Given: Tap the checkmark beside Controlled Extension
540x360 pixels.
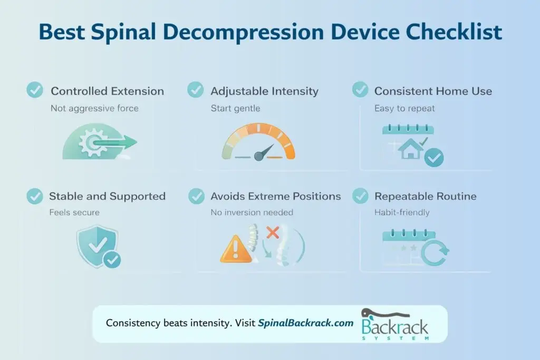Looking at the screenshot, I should tap(35, 90).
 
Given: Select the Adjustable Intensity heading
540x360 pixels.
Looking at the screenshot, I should tap(264, 91).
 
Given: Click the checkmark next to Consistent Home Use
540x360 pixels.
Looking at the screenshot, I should tap(360, 90).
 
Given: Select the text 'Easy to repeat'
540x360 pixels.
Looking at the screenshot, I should tap(404, 109).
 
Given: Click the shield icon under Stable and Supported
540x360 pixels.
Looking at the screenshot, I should tap(98, 246).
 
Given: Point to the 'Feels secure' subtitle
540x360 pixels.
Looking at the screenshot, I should tap(74, 213).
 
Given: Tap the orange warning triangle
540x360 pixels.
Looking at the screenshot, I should tap(235, 251).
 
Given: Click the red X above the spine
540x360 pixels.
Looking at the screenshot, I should tap(273, 232).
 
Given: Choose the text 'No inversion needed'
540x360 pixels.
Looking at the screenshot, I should tap(252, 213).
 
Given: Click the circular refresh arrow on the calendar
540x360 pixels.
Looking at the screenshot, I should tap(435, 253).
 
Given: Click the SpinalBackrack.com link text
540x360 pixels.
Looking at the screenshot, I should tap(305, 323).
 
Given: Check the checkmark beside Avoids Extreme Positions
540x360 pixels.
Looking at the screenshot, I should tap(196, 196).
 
